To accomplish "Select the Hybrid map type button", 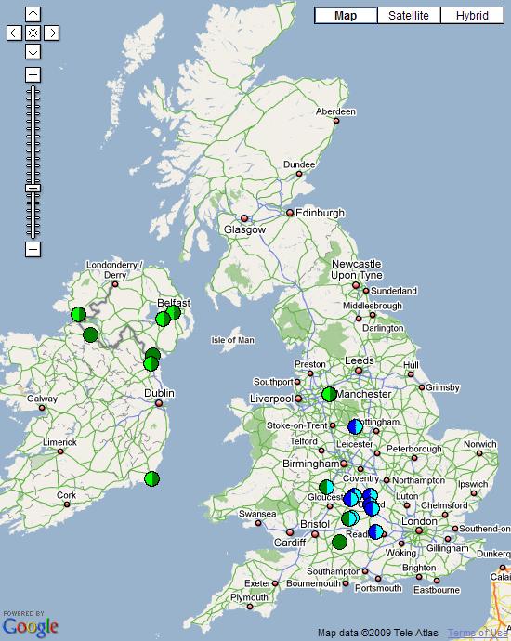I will pyautogui.click(x=471, y=16).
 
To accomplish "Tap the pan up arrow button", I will pyautogui.click(x=33, y=15).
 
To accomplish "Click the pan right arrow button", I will pyautogui.click(x=51, y=33).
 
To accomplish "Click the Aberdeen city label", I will pyautogui.click(x=335, y=111).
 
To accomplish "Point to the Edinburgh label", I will pyautogui.click(x=320, y=213).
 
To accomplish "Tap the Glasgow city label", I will pyautogui.click(x=244, y=229).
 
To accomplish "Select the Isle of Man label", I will pyautogui.click(x=233, y=340).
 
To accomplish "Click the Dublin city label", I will pyautogui.click(x=159, y=394).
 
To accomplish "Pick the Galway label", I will pyautogui.click(x=42, y=399).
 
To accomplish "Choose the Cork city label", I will pyautogui.click(x=66, y=495).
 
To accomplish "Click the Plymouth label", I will pyautogui.click(x=249, y=597).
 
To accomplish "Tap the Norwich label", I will pyautogui.click(x=480, y=444).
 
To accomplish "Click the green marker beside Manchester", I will pyautogui.click(x=329, y=394).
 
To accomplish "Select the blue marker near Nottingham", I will pyautogui.click(x=355, y=427).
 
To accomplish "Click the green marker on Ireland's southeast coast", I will pyautogui.click(x=151, y=479).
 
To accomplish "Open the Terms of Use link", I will pyautogui.click(x=478, y=634).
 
